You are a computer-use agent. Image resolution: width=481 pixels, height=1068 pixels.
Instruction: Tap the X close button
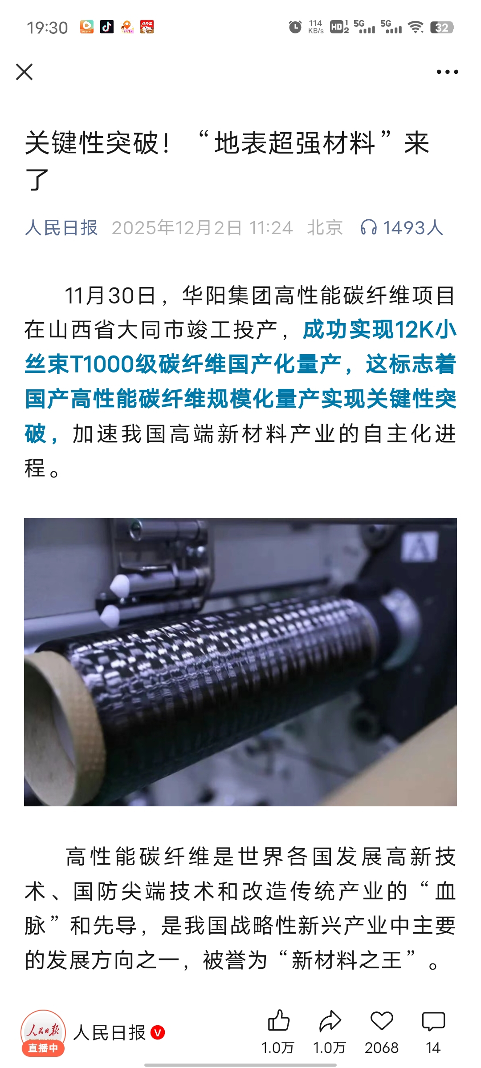(x=24, y=72)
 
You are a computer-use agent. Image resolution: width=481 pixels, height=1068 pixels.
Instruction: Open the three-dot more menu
(x=447, y=72)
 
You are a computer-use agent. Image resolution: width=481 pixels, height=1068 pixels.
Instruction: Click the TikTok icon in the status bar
(x=106, y=27)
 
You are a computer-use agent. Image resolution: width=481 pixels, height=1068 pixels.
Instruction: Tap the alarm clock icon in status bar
(x=295, y=27)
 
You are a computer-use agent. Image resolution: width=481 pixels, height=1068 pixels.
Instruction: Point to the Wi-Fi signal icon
(x=416, y=28)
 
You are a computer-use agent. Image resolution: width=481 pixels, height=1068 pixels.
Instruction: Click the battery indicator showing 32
(x=442, y=28)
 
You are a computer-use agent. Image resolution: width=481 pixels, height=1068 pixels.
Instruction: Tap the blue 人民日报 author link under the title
(x=61, y=228)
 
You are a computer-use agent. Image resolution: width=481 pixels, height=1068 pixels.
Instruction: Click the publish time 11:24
(x=271, y=228)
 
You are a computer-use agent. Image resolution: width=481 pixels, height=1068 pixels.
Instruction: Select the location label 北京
(x=325, y=228)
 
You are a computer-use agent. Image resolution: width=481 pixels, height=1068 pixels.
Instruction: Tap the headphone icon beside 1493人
(x=369, y=227)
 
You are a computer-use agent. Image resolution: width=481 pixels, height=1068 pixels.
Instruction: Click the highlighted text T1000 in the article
(x=102, y=364)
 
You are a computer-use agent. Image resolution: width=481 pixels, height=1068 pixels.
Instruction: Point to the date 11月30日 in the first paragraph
(x=110, y=295)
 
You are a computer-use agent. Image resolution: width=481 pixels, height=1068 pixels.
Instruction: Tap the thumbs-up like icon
(x=279, y=1020)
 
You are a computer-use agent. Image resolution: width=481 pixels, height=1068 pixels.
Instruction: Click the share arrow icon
(x=330, y=1021)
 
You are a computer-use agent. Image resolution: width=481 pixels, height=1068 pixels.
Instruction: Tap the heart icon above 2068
(x=382, y=1021)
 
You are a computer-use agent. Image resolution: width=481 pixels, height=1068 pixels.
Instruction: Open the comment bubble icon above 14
(x=433, y=1021)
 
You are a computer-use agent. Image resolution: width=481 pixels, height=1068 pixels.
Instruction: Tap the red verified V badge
(x=158, y=1032)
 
